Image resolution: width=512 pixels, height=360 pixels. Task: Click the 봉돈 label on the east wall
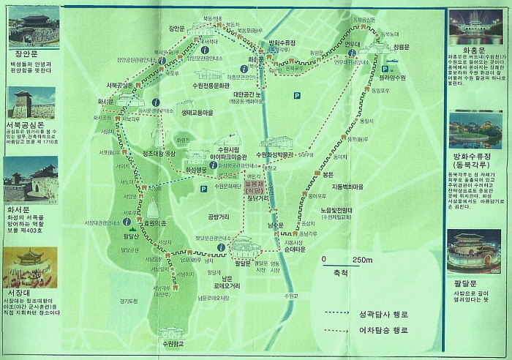327,174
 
